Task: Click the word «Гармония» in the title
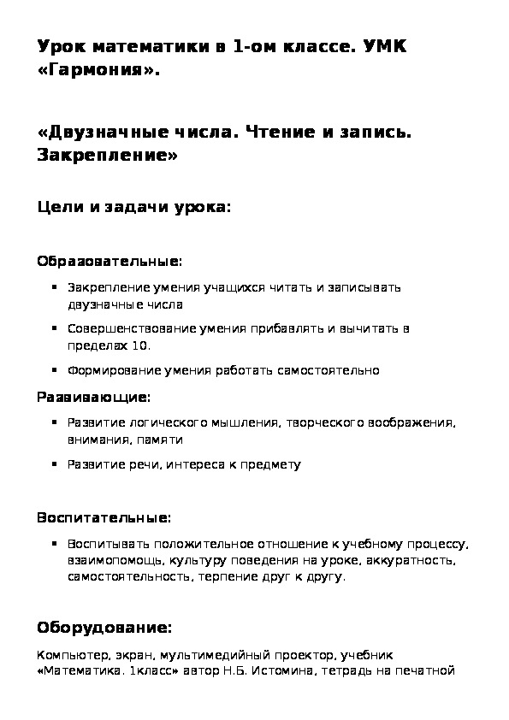(x=98, y=72)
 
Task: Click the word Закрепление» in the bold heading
(x=109, y=156)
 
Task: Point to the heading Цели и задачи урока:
(x=134, y=208)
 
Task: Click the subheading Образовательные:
(x=109, y=260)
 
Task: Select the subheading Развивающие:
(x=93, y=398)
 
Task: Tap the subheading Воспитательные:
(x=104, y=517)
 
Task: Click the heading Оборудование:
(x=104, y=628)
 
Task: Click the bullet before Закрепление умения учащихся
(x=55, y=287)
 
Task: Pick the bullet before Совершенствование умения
(x=55, y=328)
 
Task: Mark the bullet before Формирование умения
(x=55, y=370)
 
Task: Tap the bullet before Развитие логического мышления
(x=55, y=422)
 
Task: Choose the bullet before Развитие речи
(x=55, y=464)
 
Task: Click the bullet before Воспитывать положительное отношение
(x=55, y=543)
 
